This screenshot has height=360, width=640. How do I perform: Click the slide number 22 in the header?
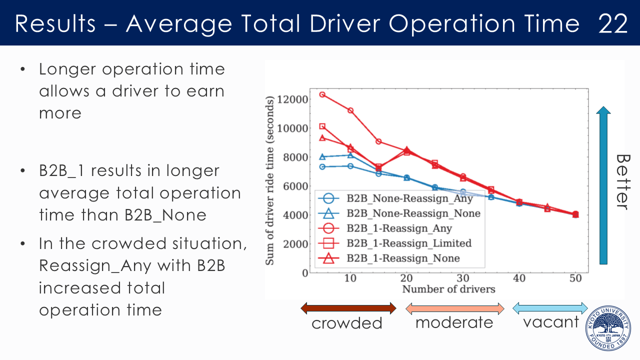613,23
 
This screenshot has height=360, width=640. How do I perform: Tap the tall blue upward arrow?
604,185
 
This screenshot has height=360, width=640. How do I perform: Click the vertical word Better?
621,181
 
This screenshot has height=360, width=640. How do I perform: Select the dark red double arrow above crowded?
348,308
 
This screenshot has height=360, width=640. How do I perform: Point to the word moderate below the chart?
454,322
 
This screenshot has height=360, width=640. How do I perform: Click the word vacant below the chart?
551,322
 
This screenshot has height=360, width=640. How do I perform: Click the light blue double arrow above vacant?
550,308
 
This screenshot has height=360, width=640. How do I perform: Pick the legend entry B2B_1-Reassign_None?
403,258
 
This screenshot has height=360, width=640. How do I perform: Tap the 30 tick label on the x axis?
463,278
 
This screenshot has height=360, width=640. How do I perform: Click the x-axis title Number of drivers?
448,289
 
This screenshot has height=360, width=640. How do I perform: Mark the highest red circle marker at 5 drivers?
322,94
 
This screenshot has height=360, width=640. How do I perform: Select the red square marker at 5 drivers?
322,126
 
